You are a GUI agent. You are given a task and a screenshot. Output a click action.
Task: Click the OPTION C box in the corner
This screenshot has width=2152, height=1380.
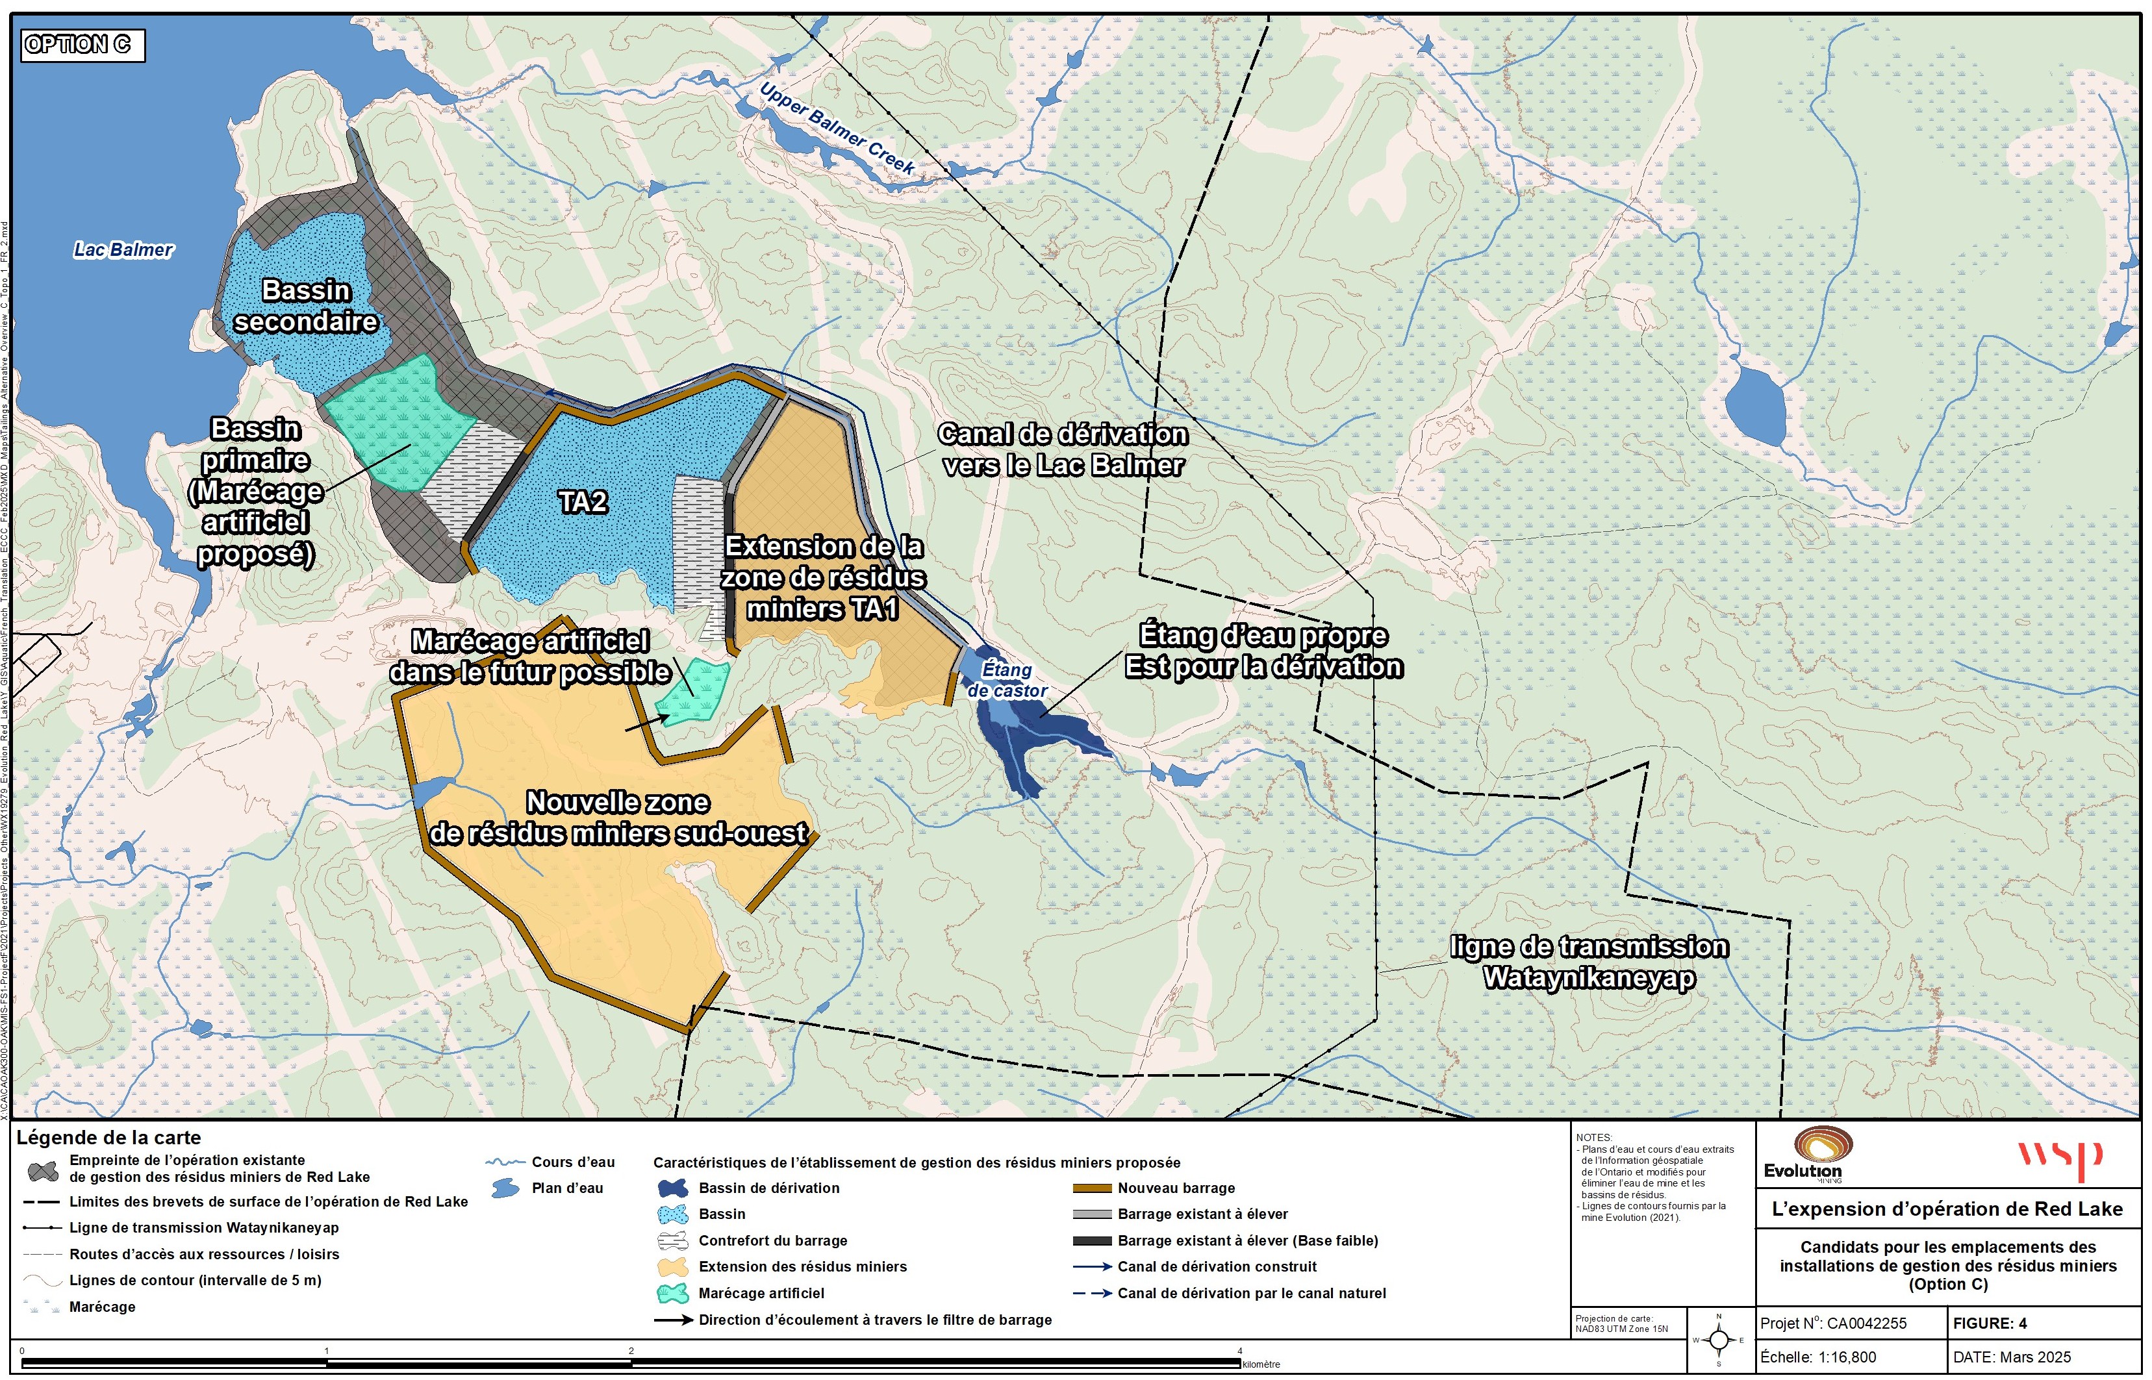[82, 45]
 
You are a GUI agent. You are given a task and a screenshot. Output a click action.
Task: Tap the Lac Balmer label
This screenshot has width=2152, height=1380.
[123, 250]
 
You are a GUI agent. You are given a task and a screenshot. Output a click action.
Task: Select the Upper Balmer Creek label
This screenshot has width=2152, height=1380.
[835, 127]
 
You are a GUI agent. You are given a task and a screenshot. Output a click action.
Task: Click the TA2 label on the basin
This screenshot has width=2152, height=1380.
[583, 502]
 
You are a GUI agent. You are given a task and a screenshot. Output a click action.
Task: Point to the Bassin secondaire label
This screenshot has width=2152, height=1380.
[306, 306]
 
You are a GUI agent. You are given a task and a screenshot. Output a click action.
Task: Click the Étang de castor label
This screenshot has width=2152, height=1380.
[1007, 680]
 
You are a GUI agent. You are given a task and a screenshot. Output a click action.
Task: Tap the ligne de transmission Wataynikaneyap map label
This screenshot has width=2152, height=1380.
[1588, 962]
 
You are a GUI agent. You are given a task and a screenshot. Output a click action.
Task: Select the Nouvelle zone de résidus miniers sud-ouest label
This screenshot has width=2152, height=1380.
[618, 817]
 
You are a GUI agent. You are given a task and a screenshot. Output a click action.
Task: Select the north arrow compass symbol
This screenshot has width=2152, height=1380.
[1718, 1340]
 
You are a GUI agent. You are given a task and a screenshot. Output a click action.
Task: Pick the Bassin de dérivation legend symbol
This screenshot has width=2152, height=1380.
[672, 1188]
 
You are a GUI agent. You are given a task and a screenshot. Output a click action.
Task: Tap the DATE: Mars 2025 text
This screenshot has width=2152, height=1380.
[2011, 1357]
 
